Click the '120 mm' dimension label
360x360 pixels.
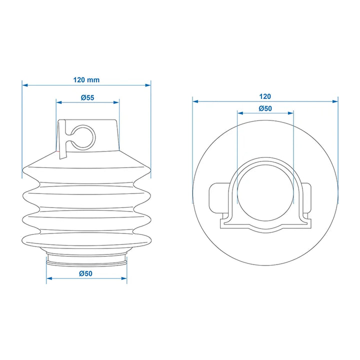tap(86, 80)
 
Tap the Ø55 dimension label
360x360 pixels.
tap(87, 97)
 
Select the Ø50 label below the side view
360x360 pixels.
tap(85, 273)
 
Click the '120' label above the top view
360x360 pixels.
tap(265, 96)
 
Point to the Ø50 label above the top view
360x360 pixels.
tap(265, 108)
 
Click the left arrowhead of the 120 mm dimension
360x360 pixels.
tap(25, 85)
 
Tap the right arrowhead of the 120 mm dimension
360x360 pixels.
tap(148, 85)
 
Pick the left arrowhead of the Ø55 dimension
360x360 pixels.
tap(59, 102)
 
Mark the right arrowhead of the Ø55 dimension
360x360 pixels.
tap(116, 102)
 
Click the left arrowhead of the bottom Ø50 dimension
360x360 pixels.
tap(49, 278)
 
